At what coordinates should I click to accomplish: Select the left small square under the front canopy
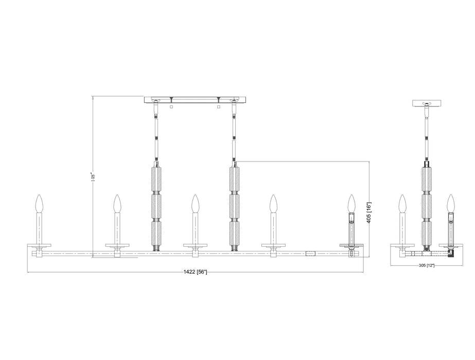[170, 107]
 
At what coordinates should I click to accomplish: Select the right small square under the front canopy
[219, 107]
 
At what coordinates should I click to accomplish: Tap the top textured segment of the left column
[156, 177]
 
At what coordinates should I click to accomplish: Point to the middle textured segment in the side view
[427, 206]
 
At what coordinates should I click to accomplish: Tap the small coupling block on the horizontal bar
[310, 253]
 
